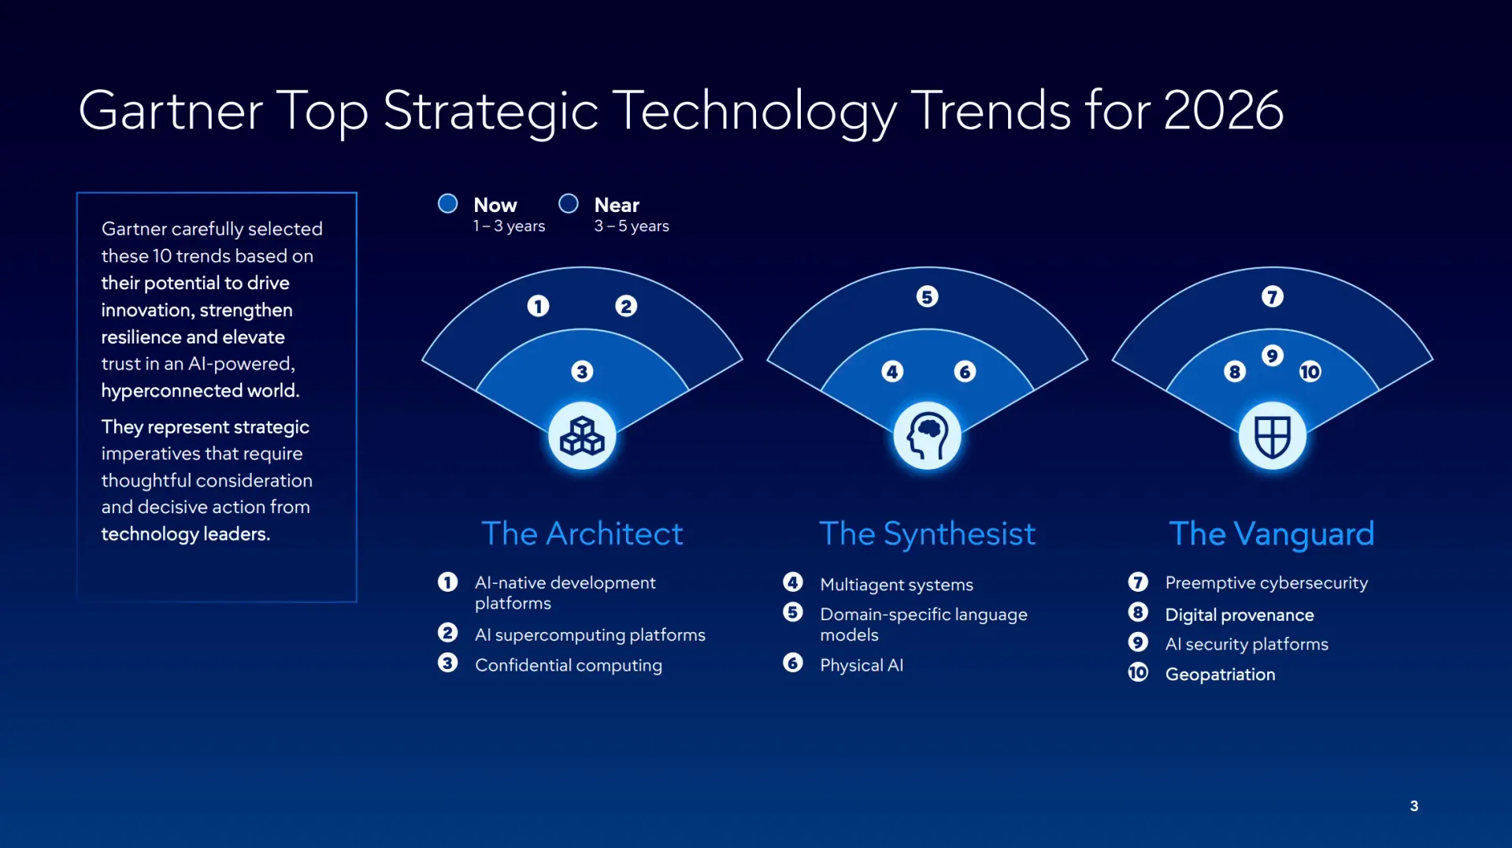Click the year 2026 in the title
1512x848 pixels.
tap(1222, 110)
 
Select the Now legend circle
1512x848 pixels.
tap(447, 204)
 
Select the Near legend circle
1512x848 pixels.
tap(568, 204)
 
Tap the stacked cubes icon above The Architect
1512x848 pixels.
tap(582, 436)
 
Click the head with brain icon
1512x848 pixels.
tap(927, 436)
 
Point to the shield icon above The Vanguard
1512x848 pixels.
tap(1272, 436)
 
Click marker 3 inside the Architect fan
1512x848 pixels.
tap(582, 371)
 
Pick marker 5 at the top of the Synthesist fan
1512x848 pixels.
tap(927, 297)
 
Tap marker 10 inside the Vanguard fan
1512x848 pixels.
tap(1310, 371)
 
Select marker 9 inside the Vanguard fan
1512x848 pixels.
tap(1272, 355)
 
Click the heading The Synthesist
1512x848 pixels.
tap(927, 534)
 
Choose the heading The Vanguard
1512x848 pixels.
tap(1271, 534)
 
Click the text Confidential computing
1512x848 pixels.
tap(568, 665)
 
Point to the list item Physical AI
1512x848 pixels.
tap(861, 665)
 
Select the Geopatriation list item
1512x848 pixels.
tap(1220, 675)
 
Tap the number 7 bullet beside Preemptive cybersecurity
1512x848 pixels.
tap(1138, 582)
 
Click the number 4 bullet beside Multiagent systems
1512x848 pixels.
tap(793, 582)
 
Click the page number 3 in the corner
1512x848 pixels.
tap(1414, 805)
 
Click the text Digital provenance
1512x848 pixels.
tap(1239, 615)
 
